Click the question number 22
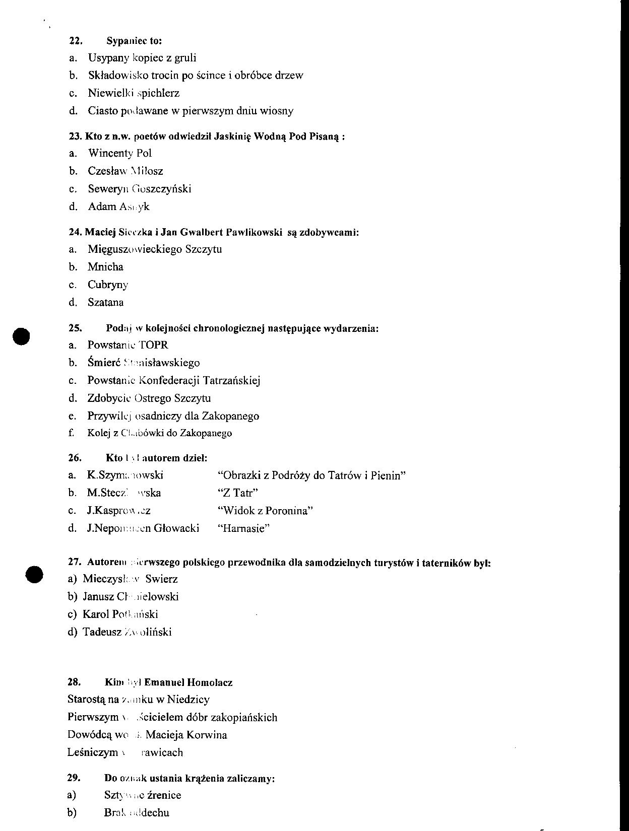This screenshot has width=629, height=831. click(x=75, y=41)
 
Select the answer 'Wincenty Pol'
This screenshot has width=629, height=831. click(x=120, y=153)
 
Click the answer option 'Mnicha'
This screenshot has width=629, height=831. click(x=105, y=267)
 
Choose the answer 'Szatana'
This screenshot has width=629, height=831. click(x=105, y=303)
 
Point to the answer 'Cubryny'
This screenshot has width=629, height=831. click(x=108, y=285)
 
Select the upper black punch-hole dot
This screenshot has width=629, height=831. click(x=22, y=336)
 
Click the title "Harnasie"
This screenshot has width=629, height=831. click(x=243, y=528)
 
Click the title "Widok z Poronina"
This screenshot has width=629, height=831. click(x=266, y=511)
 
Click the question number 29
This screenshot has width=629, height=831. click(x=74, y=778)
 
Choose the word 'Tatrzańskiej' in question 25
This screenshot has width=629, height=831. click(x=231, y=381)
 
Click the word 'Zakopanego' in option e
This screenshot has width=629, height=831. click(x=230, y=416)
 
